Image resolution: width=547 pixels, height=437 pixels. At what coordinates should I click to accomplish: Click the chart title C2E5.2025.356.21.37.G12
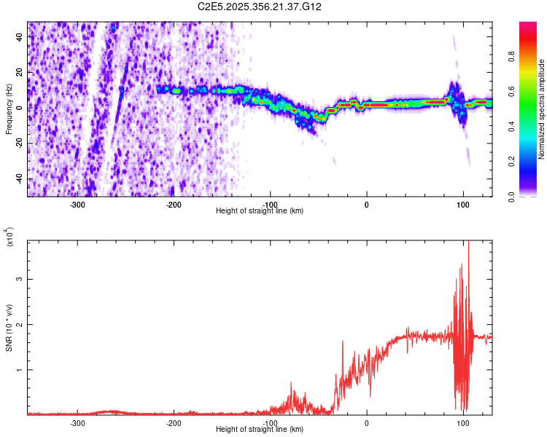(260, 7)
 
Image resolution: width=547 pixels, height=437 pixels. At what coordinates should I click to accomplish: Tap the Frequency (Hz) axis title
(9, 109)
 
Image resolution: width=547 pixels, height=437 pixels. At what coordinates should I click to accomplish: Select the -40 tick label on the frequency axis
(18, 178)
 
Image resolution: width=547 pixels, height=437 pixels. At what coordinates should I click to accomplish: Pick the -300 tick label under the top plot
(78, 205)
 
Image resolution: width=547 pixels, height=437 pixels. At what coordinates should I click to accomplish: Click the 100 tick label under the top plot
(462, 205)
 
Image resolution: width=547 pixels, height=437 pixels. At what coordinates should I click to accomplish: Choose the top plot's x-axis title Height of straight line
(260, 211)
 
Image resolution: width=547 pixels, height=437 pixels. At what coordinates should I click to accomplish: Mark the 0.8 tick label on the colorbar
(532, 57)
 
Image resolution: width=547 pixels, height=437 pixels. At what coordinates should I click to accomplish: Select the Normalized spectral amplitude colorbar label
(542, 109)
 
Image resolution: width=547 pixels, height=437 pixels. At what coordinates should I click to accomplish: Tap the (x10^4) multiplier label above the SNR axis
(10, 239)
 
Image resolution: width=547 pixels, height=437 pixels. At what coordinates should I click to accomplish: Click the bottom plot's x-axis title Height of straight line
(260, 430)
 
